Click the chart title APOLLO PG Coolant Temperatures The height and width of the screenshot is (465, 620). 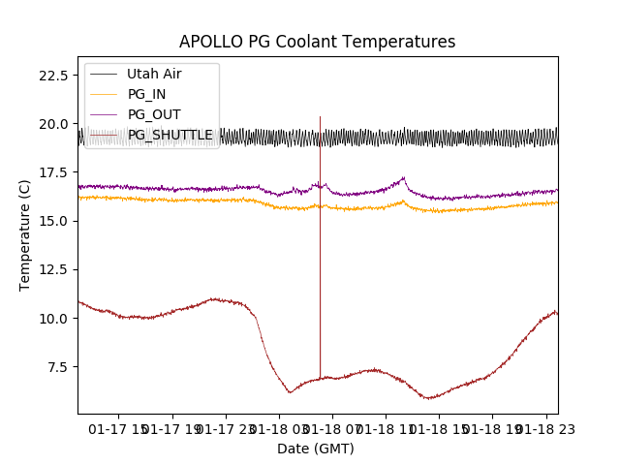(x=317, y=43)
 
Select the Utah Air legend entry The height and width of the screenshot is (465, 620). (x=154, y=74)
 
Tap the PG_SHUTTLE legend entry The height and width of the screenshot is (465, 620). (x=170, y=135)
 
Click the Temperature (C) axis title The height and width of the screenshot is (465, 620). (x=25, y=234)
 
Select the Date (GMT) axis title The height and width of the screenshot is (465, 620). (x=316, y=449)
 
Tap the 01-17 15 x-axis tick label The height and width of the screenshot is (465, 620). (x=119, y=427)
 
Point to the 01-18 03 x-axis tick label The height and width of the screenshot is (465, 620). (x=278, y=427)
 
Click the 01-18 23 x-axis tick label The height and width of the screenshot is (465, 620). (x=543, y=427)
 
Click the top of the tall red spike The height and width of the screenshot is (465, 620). (x=320, y=117)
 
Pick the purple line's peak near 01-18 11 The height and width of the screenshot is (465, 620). (x=403, y=177)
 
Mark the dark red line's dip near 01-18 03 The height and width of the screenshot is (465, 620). (x=290, y=392)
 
